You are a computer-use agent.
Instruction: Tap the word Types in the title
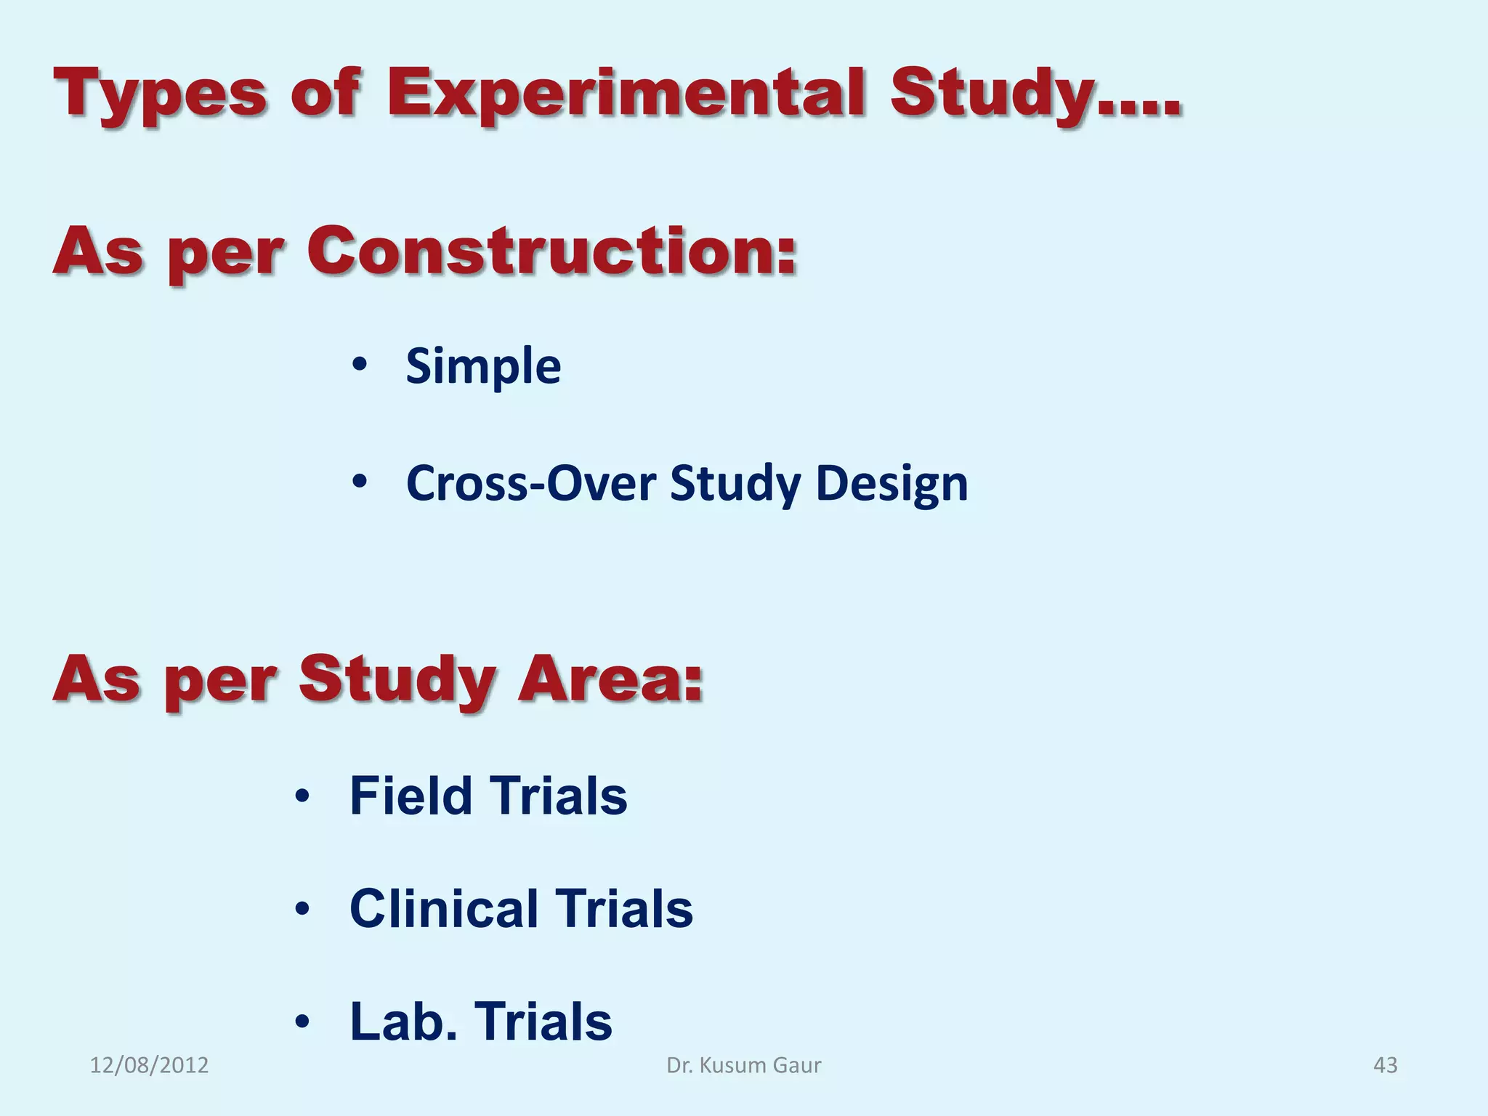click(x=161, y=94)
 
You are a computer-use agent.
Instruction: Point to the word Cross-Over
click(x=531, y=483)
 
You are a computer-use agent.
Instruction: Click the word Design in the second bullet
click(x=891, y=483)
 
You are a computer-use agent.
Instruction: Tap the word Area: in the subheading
click(x=610, y=679)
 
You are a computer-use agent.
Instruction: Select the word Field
click(x=411, y=796)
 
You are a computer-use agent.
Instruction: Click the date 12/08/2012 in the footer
click(x=149, y=1065)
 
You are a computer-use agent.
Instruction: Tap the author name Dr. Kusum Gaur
click(x=744, y=1065)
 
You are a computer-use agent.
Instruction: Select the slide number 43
click(x=1385, y=1065)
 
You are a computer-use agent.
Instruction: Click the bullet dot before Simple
click(x=360, y=365)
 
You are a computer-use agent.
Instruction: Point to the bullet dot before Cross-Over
click(x=360, y=482)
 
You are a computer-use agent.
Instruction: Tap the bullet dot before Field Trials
click(x=303, y=797)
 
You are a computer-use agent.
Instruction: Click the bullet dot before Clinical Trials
click(x=303, y=909)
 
